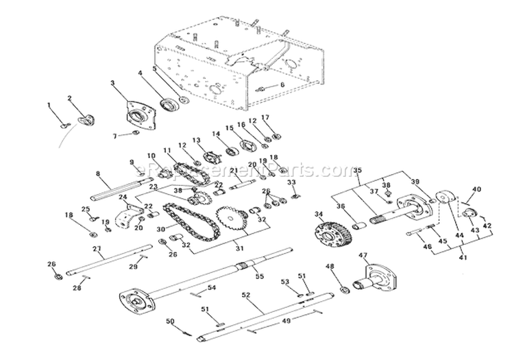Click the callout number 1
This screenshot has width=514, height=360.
(x=49, y=104)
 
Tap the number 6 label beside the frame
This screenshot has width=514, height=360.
(x=281, y=85)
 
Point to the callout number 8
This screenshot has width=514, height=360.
(x=98, y=174)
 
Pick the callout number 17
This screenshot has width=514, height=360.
(x=266, y=117)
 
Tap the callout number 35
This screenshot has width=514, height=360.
(x=356, y=170)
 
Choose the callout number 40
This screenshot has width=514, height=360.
(x=478, y=189)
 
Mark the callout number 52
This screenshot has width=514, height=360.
(x=245, y=295)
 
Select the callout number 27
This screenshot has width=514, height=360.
(x=97, y=248)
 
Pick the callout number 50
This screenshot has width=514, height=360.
(x=171, y=321)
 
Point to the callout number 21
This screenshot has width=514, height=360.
(x=234, y=171)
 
